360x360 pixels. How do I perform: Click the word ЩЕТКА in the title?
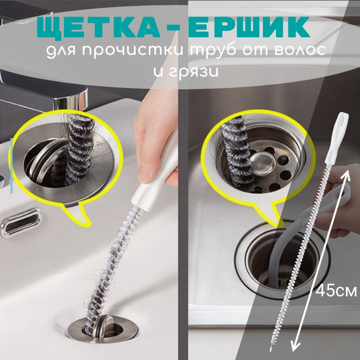click(x=98, y=27)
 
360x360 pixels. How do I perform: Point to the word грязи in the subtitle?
click(x=186, y=72)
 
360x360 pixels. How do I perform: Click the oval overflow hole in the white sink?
click(x=21, y=222)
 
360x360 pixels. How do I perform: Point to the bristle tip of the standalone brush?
click(x=272, y=348)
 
